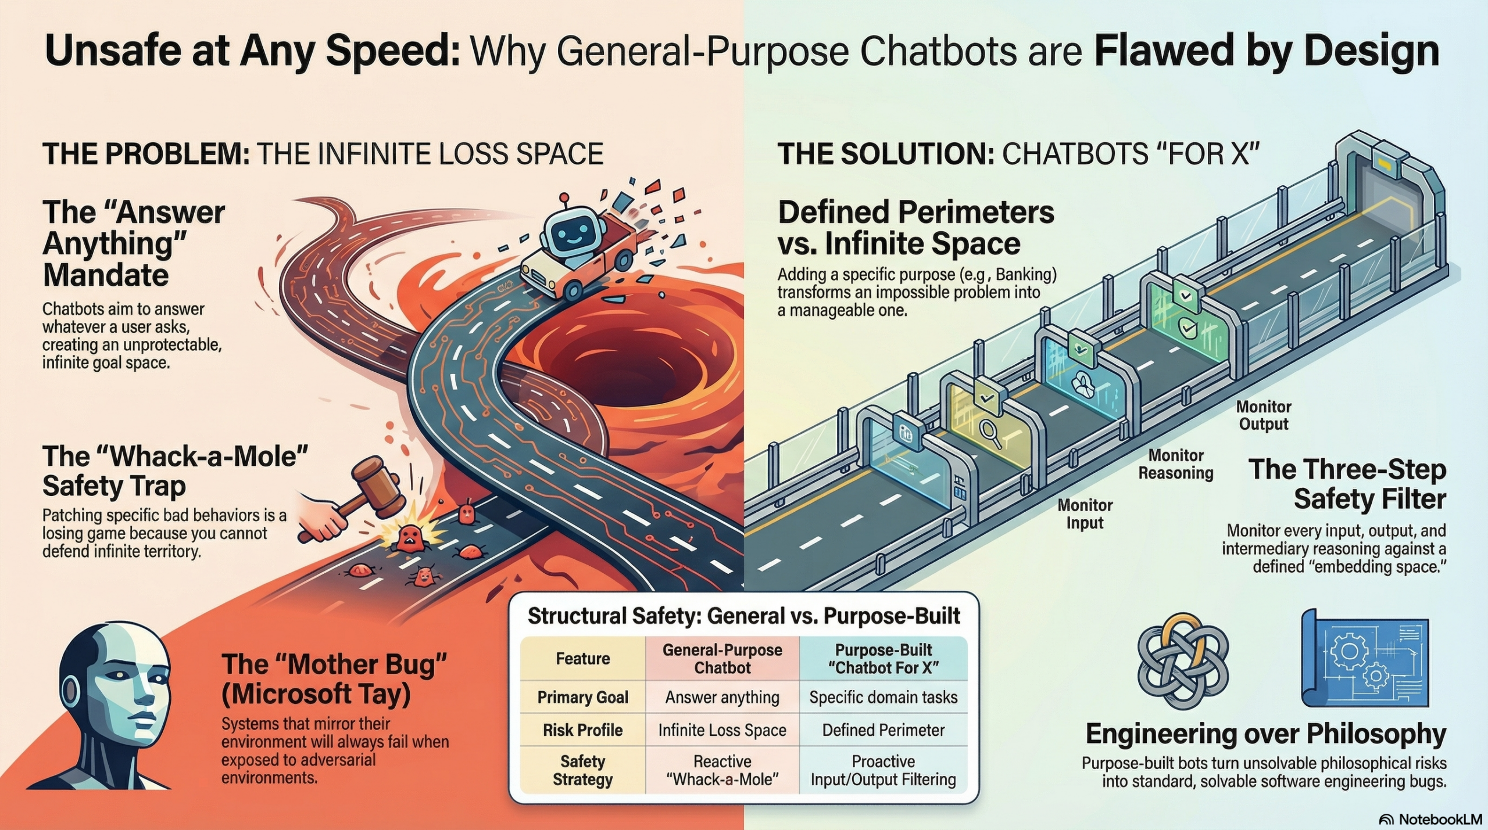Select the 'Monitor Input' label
tap(1085, 514)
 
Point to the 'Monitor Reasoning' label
tap(1175, 464)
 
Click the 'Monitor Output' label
tap(1263, 415)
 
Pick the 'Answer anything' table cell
tap(722, 697)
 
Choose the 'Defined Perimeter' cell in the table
tap(883, 730)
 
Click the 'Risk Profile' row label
tap(582, 730)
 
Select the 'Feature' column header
tap(582, 659)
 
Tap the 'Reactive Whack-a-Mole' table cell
tap(722, 770)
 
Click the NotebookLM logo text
tap(1438, 819)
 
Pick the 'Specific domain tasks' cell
tap(883, 697)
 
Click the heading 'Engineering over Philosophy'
tap(1265, 734)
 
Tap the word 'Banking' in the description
tap(1022, 274)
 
